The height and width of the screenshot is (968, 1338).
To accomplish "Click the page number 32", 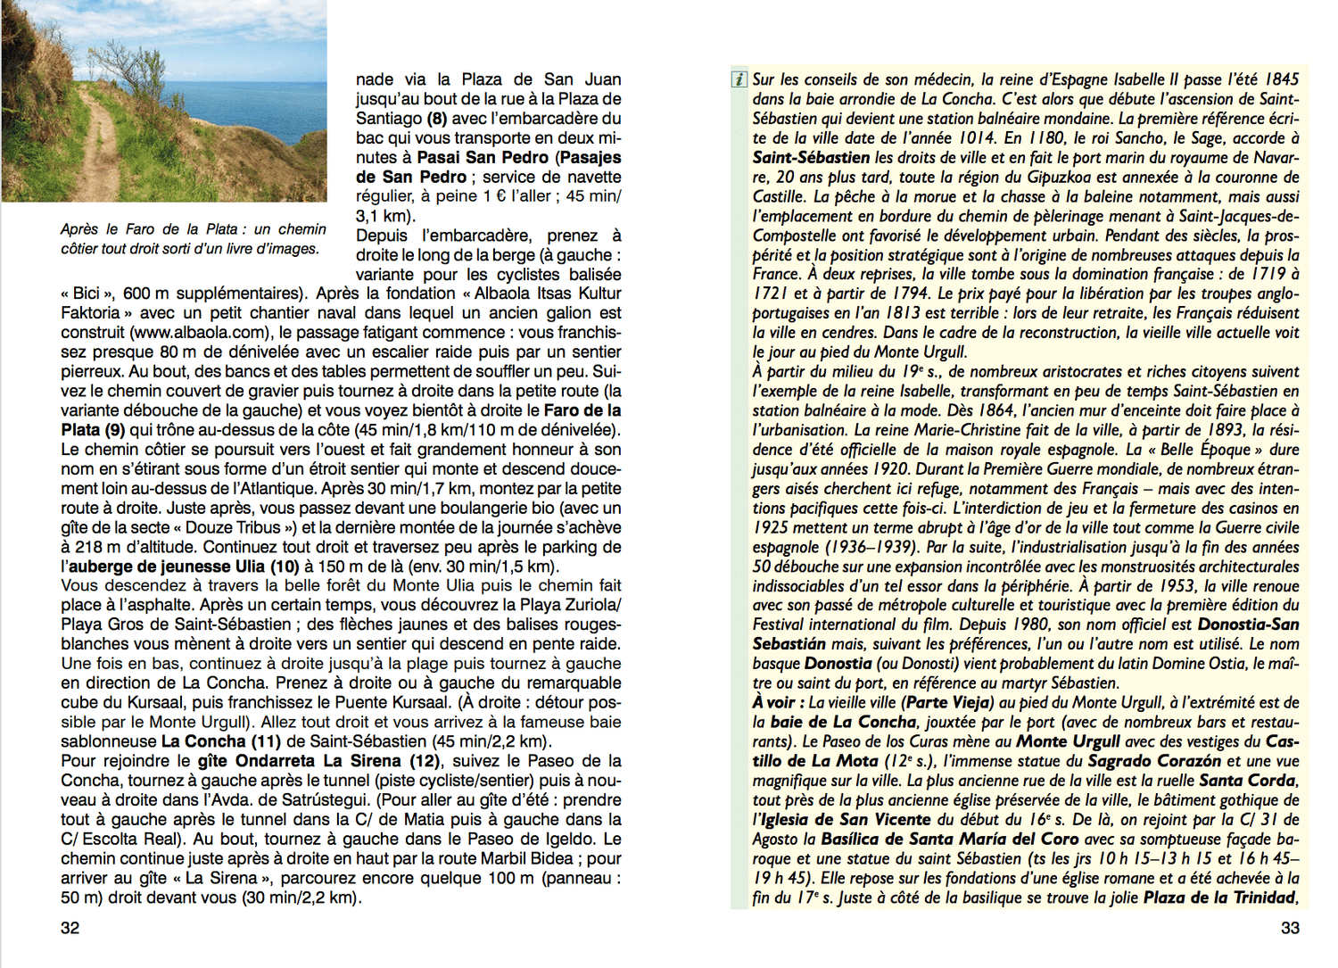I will pos(70,928).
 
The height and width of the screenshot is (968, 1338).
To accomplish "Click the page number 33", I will pos(1290,928).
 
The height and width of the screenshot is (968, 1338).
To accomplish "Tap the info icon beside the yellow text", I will pos(739,79).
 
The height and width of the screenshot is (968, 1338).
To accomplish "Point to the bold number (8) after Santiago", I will pos(436,119).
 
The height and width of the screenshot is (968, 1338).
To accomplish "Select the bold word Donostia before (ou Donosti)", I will pos(838,664).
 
